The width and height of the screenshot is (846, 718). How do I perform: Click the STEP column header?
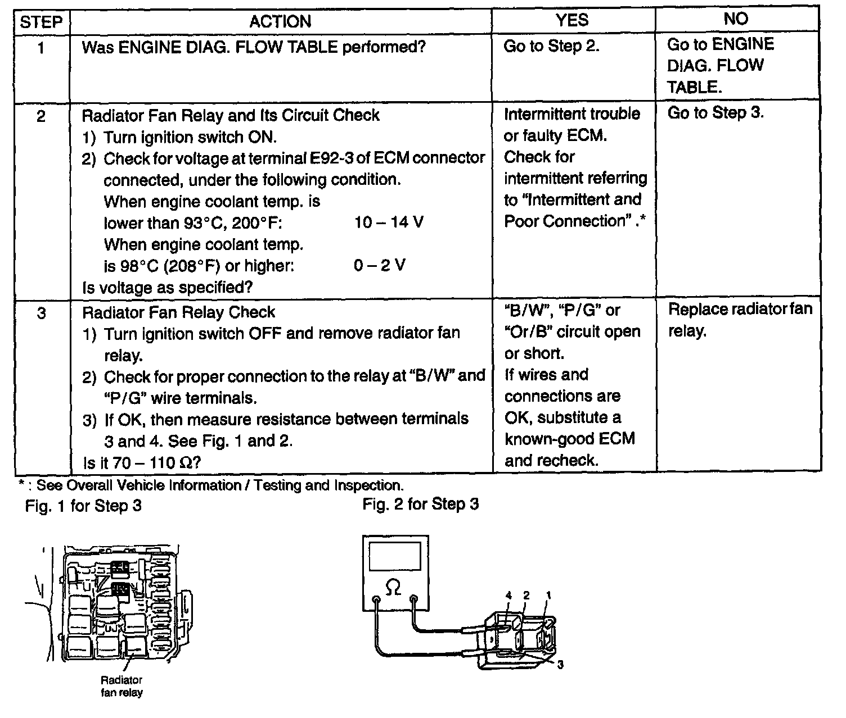41,22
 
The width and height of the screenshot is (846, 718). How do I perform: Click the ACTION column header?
280,21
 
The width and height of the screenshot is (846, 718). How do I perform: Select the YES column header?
572,20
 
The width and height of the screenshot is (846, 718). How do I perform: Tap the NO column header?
736,19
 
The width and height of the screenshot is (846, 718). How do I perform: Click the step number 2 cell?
41,117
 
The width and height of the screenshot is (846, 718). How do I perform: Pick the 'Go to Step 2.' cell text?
551,46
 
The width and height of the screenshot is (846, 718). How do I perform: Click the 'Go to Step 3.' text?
715,113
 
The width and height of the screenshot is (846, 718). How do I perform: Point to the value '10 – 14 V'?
389,222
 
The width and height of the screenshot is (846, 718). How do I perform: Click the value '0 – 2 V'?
379,265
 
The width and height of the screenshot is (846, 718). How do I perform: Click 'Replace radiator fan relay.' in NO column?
740,320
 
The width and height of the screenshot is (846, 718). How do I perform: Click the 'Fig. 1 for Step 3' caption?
83,506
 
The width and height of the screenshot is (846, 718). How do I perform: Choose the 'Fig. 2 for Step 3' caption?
420,504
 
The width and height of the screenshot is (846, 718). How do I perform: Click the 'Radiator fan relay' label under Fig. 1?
121,686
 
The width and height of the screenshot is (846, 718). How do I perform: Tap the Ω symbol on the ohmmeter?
394,588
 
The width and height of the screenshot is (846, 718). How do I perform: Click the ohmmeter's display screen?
395,557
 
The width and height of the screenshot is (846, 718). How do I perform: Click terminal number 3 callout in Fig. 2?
560,665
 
